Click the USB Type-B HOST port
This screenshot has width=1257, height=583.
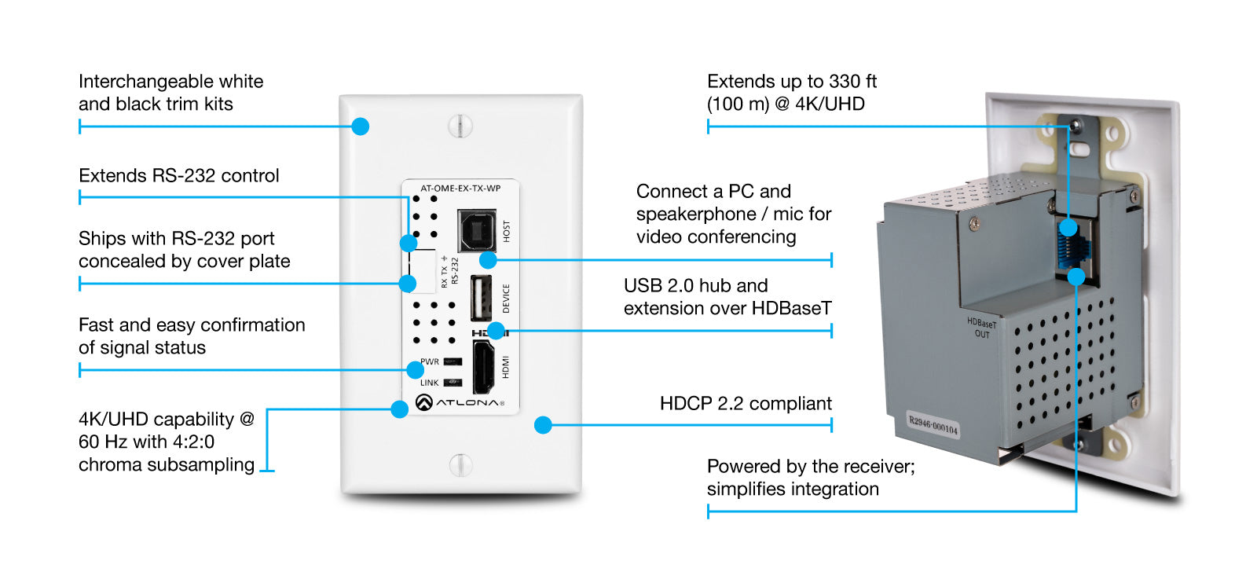tap(477, 230)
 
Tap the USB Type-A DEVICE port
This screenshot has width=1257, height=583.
tap(481, 298)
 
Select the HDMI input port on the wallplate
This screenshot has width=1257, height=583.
tap(482, 367)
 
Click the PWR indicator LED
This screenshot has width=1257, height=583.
tap(453, 362)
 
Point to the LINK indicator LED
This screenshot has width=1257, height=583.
tap(453, 383)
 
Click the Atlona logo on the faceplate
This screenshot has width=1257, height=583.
tap(460, 403)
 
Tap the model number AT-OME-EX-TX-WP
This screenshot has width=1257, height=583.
tap(460, 189)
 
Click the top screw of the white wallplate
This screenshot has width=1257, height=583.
tap(460, 126)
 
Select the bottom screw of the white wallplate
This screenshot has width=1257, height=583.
tap(460, 464)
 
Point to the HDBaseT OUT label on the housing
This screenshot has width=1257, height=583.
tap(981, 328)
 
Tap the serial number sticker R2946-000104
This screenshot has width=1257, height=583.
tap(933, 424)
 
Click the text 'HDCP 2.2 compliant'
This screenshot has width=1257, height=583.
tap(745, 404)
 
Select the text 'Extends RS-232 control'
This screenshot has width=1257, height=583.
tap(179, 176)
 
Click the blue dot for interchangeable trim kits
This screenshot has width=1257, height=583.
tap(361, 126)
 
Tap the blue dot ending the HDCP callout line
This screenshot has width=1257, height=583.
tap(543, 425)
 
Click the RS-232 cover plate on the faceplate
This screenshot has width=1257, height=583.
tap(423, 271)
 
